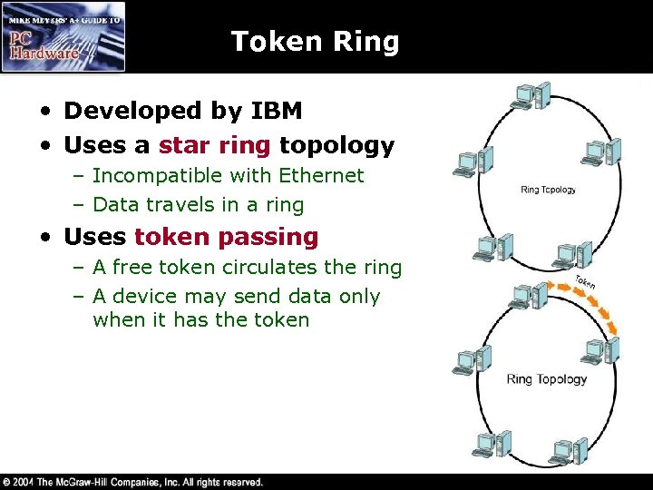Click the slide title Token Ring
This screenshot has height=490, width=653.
pos(315,42)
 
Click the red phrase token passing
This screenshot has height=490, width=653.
pos(226,238)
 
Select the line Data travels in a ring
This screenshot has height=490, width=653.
pos(198,204)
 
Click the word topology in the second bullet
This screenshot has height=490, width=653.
pos(336,145)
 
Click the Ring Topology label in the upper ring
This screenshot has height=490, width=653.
pos(548,190)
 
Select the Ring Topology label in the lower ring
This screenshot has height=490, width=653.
pos(546,379)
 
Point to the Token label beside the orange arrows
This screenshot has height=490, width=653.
pos(585,282)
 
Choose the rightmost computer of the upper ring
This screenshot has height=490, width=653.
pos(601,152)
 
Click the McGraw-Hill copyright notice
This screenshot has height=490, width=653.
pos(133,482)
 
